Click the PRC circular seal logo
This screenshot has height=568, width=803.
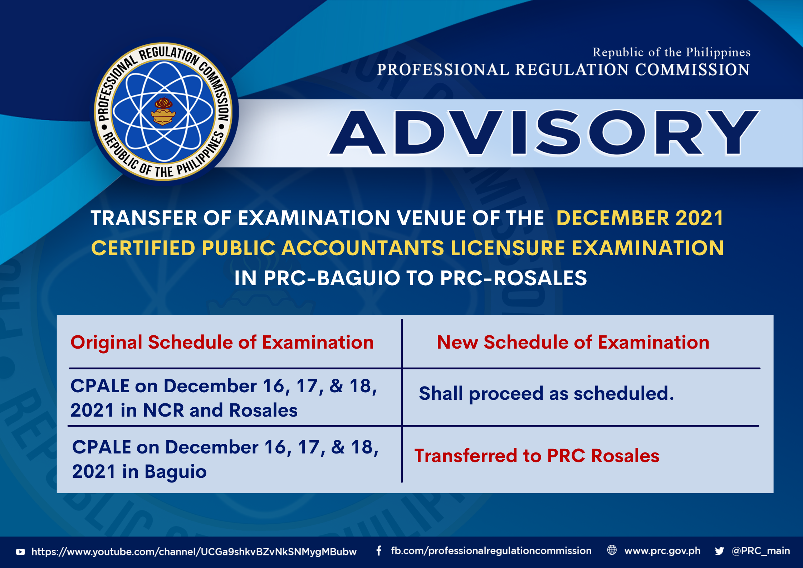pos(164,112)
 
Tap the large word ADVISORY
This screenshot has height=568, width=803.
pos(544,133)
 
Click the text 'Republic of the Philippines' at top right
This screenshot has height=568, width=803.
pos(671,53)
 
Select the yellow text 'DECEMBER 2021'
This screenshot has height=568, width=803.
pos(640,218)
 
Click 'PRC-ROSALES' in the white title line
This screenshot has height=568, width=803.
pos(513,278)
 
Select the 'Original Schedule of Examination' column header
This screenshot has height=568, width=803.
pos(222,343)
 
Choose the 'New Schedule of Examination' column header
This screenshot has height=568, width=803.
pos(573,343)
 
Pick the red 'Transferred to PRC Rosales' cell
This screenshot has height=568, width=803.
pos(537,456)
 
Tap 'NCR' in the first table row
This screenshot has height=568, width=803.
pos(163,410)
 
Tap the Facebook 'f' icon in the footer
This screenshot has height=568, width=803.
pos(379,551)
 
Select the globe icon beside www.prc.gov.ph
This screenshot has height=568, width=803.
pos(612,550)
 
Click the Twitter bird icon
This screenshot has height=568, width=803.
pos(719,551)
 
